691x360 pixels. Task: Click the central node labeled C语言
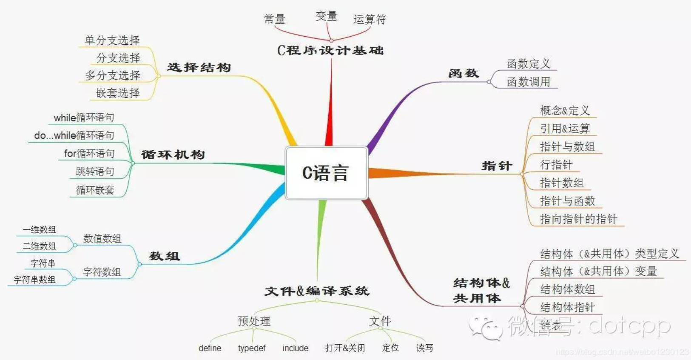click(326, 173)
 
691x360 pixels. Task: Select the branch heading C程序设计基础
click(330, 51)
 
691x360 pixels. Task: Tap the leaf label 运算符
click(370, 20)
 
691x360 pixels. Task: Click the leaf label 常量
click(274, 19)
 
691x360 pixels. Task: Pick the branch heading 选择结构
click(199, 68)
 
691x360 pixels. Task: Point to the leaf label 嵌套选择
click(118, 93)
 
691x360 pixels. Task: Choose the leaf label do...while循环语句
click(74, 136)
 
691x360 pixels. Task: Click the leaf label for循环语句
click(89, 154)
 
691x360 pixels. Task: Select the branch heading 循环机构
click(173, 154)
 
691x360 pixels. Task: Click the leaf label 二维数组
click(39, 246)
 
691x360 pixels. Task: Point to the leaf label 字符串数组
click(34, 280)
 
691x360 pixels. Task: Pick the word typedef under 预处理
click(252, 348)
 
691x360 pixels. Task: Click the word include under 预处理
click(295, 348)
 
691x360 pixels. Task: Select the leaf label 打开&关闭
click(345, 348)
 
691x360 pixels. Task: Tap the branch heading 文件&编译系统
click(317, 291)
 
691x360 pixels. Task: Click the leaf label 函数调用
click(529, 82)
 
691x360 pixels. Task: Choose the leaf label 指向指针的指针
click(578, 219)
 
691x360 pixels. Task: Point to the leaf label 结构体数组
click(567, 289)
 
